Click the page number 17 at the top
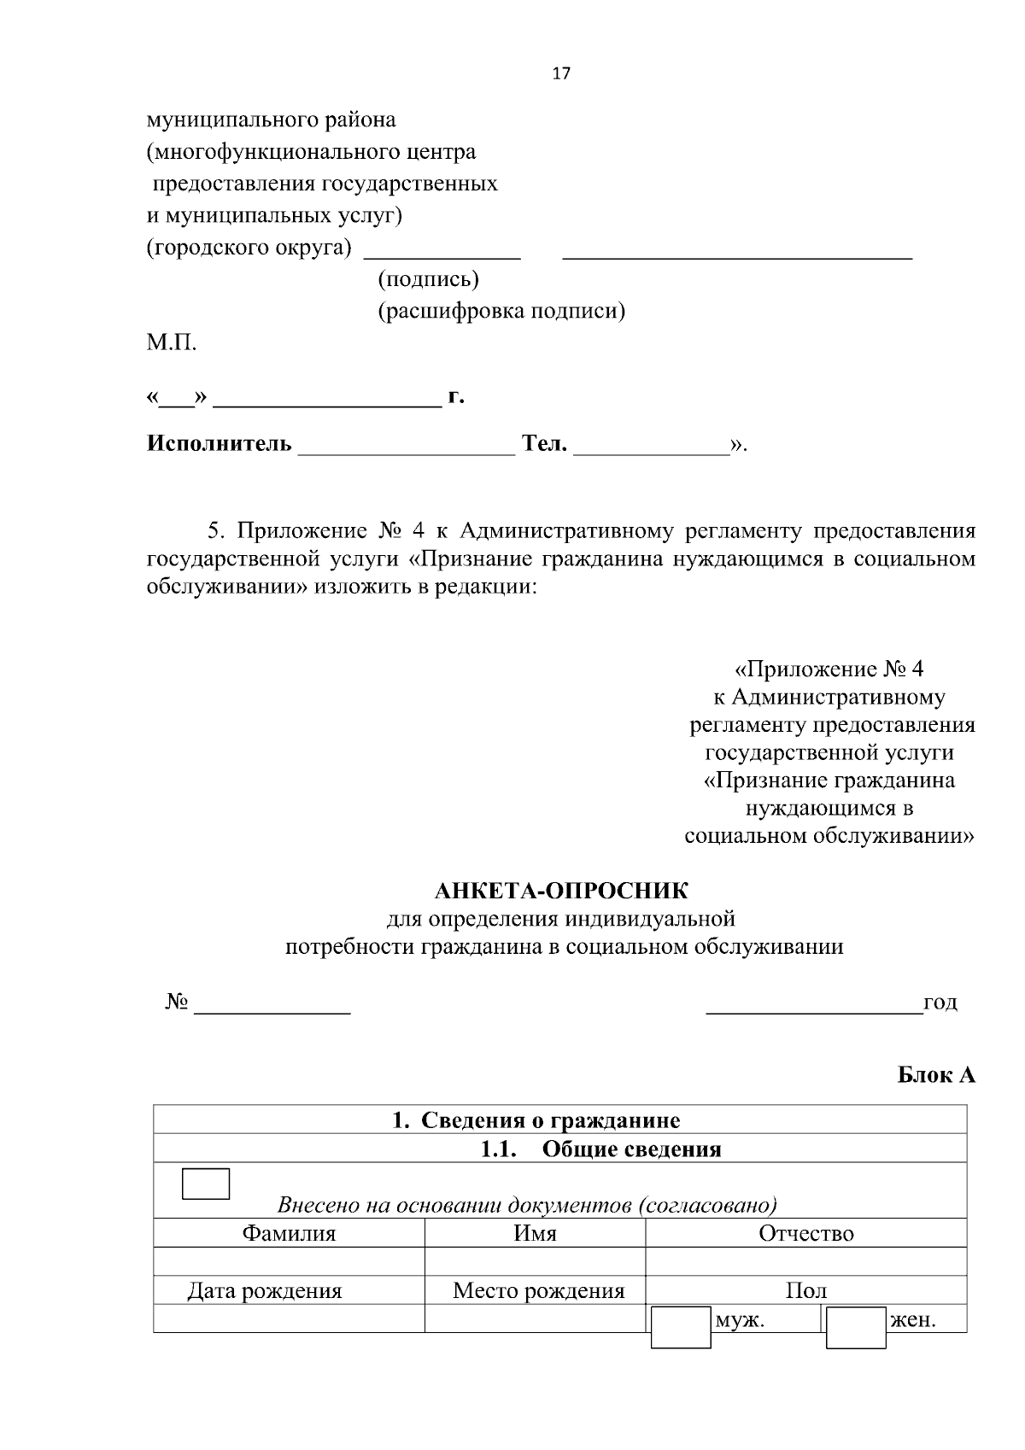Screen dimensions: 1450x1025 (x=561, y=73)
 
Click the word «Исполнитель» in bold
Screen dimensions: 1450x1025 (x=219, y=444)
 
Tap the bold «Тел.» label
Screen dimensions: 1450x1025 (x=544, y=444)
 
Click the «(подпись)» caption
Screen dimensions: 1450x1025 (x=428, y=279)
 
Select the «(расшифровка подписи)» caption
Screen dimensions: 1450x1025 (x=501, y=312)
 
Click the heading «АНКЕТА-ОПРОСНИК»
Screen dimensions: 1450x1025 (x=561, y=892)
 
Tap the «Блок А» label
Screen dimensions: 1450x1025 (x=936, y=1075)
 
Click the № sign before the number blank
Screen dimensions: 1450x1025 (x=177, y=1003)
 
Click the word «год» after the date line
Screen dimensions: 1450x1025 (x=940, y=1003)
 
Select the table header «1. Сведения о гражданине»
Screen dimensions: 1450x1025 (x=536, y=1120)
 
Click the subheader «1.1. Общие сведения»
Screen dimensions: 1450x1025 (x=600, y=1149)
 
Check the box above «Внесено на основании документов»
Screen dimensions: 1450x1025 (x=206, y=1184)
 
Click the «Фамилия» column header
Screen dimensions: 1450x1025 (x=289, y=1234)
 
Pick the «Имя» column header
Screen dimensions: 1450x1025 (x=535, y=1234)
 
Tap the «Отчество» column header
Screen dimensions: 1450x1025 (x=805, y=1234)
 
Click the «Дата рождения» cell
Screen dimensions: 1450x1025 (x=265, y=1291)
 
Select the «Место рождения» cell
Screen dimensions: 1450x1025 (x=538, y=1291)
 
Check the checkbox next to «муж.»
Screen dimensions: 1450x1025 (x=681, y=1327)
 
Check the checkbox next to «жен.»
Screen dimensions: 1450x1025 (x=856, y=1327)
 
